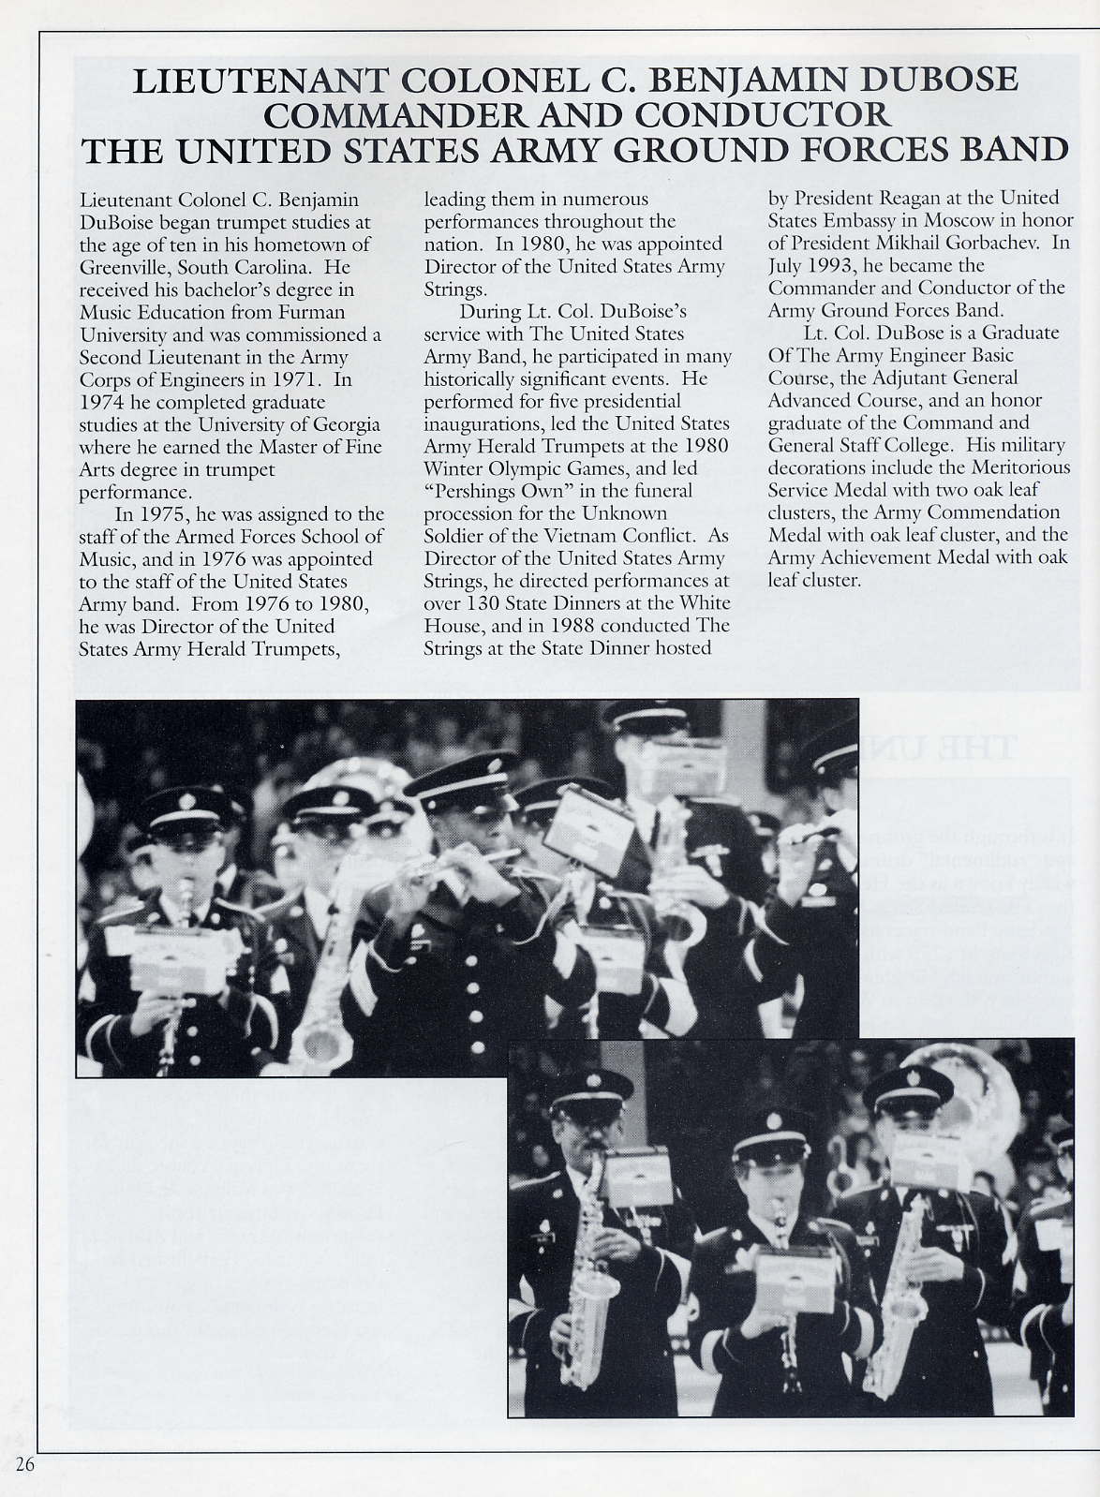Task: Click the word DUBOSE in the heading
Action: tap(934, 80)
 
